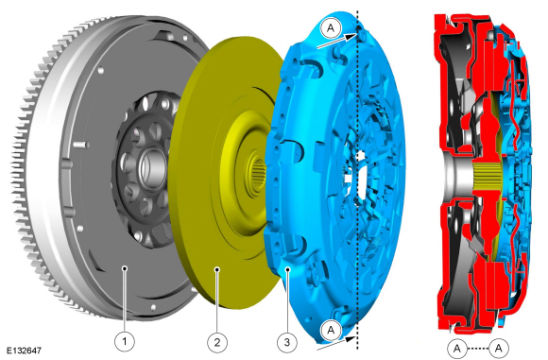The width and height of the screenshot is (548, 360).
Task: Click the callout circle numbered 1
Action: coord(125,341)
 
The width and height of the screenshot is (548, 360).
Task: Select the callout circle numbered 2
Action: coord(217,342)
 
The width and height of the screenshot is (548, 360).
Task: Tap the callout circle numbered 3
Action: coord(287,342)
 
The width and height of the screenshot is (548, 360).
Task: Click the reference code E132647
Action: coord(25,351)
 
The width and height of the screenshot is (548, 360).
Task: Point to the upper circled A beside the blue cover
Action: coord(331,27)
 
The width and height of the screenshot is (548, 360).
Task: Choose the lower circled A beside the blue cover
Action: coord(331,330)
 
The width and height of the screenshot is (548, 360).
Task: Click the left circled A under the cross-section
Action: coord(457,348)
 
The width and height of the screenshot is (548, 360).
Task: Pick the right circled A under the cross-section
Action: coord(499,348)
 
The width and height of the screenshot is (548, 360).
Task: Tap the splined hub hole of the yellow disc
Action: coord(259,174)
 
